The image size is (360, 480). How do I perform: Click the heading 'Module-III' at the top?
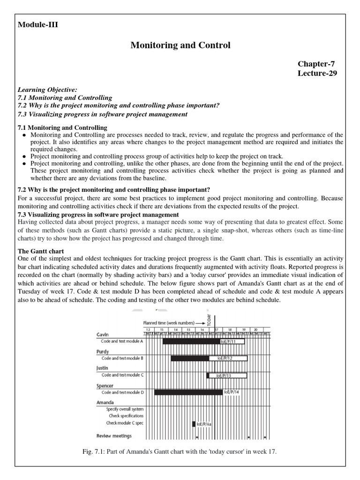pos(37,25)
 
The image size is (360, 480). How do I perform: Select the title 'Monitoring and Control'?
pos(180,45)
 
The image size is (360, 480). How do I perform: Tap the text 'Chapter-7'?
pos(316,64)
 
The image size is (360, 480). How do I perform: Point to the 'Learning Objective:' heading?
pos(47,89)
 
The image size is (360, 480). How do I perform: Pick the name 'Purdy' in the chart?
pos(104,351)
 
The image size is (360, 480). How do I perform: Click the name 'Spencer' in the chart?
pos(105,385)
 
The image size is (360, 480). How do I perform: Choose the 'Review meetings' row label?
pos(114,435)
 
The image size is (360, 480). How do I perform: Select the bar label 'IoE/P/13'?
pos(224,375)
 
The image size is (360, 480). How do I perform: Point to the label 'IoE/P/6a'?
pos(204,424)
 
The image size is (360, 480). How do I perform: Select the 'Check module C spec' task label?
pos(125,422)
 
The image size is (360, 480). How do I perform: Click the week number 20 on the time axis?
pos(255,330)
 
